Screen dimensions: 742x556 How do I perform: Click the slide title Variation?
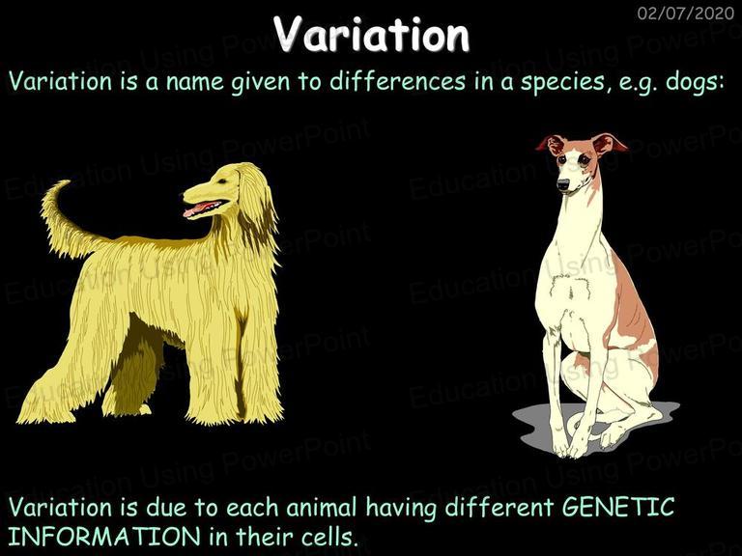(x=371, y=34)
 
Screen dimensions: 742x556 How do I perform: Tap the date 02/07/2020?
(x=686, y=13)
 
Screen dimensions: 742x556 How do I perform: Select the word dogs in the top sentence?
(x=693, y=83)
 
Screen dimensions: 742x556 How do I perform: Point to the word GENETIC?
(x=618, y=507)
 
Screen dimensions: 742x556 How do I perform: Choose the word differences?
(x=397, y=81)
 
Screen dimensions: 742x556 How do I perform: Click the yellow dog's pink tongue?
(x=198, y=208)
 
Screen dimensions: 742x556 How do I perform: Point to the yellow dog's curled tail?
(x=66, y=222)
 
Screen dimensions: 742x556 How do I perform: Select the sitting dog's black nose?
(x=563, y=184)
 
